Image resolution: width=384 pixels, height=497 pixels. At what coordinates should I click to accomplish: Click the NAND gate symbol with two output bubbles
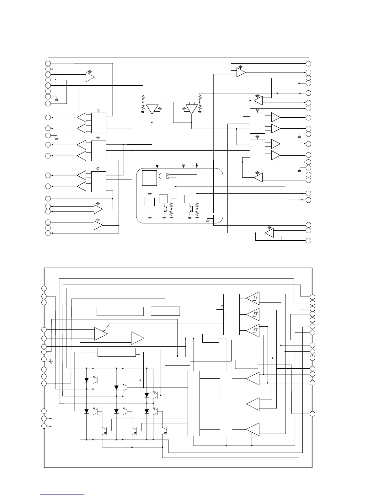pyautogui.click(x=163, y=176)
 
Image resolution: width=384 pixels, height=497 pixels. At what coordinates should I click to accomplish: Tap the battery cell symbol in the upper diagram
pyautogui.click(x=213, y=214)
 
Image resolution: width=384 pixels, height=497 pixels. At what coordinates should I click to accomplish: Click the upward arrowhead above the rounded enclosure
pyautogui.click(x=197, y=165)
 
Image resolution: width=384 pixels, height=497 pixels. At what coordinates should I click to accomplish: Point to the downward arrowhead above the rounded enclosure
pyautogui.click(x=157, y=165)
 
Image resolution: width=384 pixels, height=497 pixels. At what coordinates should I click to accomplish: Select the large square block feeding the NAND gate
pyautogui.click(x=149, y=178)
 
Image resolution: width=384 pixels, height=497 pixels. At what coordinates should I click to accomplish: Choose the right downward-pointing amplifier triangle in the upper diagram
pyautogui.click(x=191, y=109)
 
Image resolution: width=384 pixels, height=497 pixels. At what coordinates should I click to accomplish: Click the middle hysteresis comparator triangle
pyautogui.click(x=253, y=314)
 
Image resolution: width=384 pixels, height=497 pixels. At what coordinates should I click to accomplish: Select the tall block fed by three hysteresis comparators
pyautogui.click(x=231, y=314)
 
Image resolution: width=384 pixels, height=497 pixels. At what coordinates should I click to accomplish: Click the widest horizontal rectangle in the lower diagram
pyautogui.click(x=120, y=311)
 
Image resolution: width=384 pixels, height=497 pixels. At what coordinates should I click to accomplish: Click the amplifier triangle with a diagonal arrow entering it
pyautogui.click(x=101, y=334)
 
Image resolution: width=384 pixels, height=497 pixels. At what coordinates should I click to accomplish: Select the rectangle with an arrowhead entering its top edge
pyautogui.click(x=177, y=361)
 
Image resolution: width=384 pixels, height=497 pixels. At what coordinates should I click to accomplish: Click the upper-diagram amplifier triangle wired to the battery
pyautogui.click(x=241, y=72)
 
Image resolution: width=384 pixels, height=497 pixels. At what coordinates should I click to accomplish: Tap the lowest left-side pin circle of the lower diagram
pyautogui.click(x=45, y=426)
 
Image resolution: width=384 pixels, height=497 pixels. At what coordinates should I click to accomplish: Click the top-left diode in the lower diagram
pyautogui.click(x=87, y=380)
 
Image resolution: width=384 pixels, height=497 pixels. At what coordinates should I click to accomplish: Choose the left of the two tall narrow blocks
pyautogui.click(x=194, y=403)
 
